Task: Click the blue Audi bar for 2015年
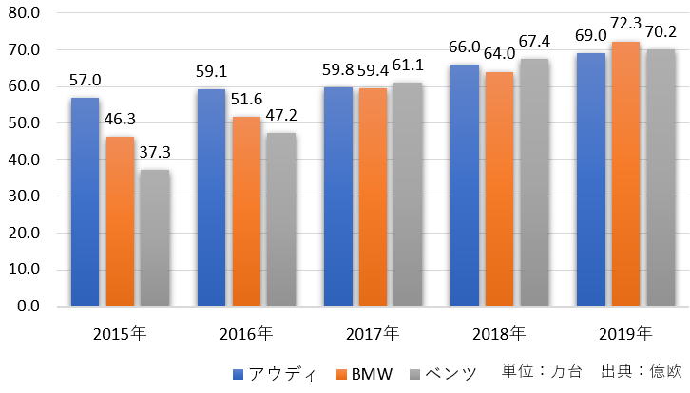(x=85, y=201)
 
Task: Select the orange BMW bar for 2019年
(x=624, y=174)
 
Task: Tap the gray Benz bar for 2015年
(x=154, y=237)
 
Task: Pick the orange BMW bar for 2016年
(x=245, y=211)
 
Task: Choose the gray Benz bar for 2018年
(x=533, y=182)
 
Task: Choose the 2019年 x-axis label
(x=625, y=333)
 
